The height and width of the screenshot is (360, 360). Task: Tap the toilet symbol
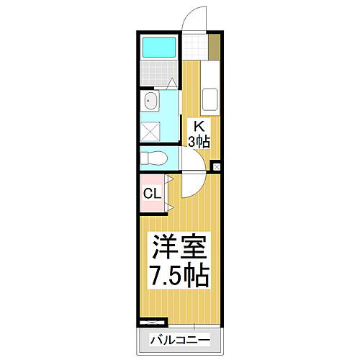(x=153, y=157)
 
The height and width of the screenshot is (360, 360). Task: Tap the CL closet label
(x=150, y=193)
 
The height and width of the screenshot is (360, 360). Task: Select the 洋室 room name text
(x=179, y=249)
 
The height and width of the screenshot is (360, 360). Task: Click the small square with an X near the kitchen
(x=216, y=168)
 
